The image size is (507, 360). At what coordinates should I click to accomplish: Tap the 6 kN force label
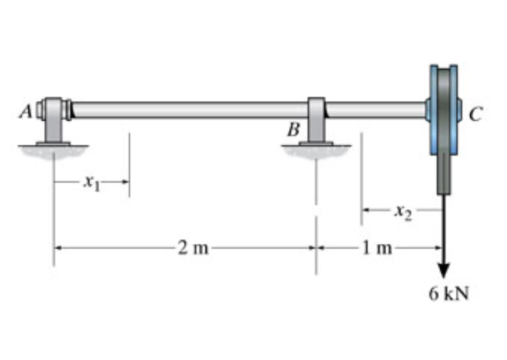tap(449, 293)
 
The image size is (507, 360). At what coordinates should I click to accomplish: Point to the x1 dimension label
tap(91, 181)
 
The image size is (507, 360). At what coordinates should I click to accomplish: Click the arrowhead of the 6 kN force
tap(443, 269)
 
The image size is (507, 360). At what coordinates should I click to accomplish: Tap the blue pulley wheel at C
tap(443, 109)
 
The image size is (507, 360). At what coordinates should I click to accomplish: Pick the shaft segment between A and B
tap(189, 110)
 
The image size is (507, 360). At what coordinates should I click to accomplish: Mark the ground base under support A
tap(53, 149)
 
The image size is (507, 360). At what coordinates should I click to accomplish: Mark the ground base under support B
tap(316, 149)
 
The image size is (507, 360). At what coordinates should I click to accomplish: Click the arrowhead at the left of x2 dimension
tap(366, 211)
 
